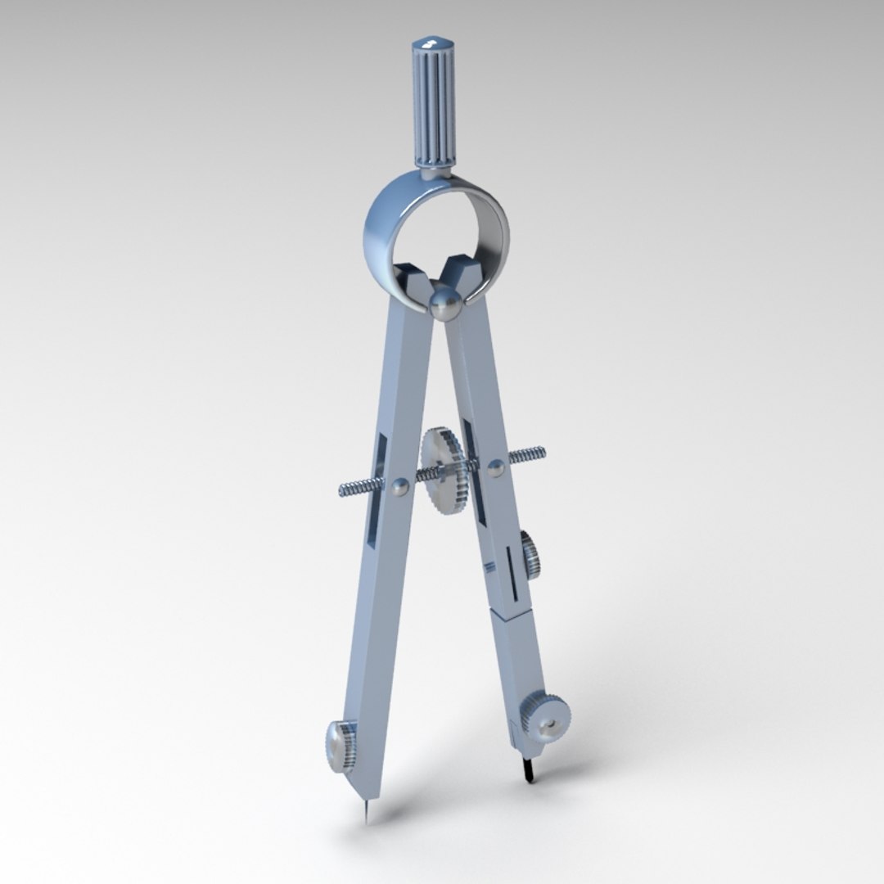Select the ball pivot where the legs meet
[x=444, y=304]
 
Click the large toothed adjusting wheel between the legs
[x=445, y=471]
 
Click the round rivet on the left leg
[x=399, y=487]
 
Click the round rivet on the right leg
[x=496, y=468]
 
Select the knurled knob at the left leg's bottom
[x=341, y=746]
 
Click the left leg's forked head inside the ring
[x=412, y=275]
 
